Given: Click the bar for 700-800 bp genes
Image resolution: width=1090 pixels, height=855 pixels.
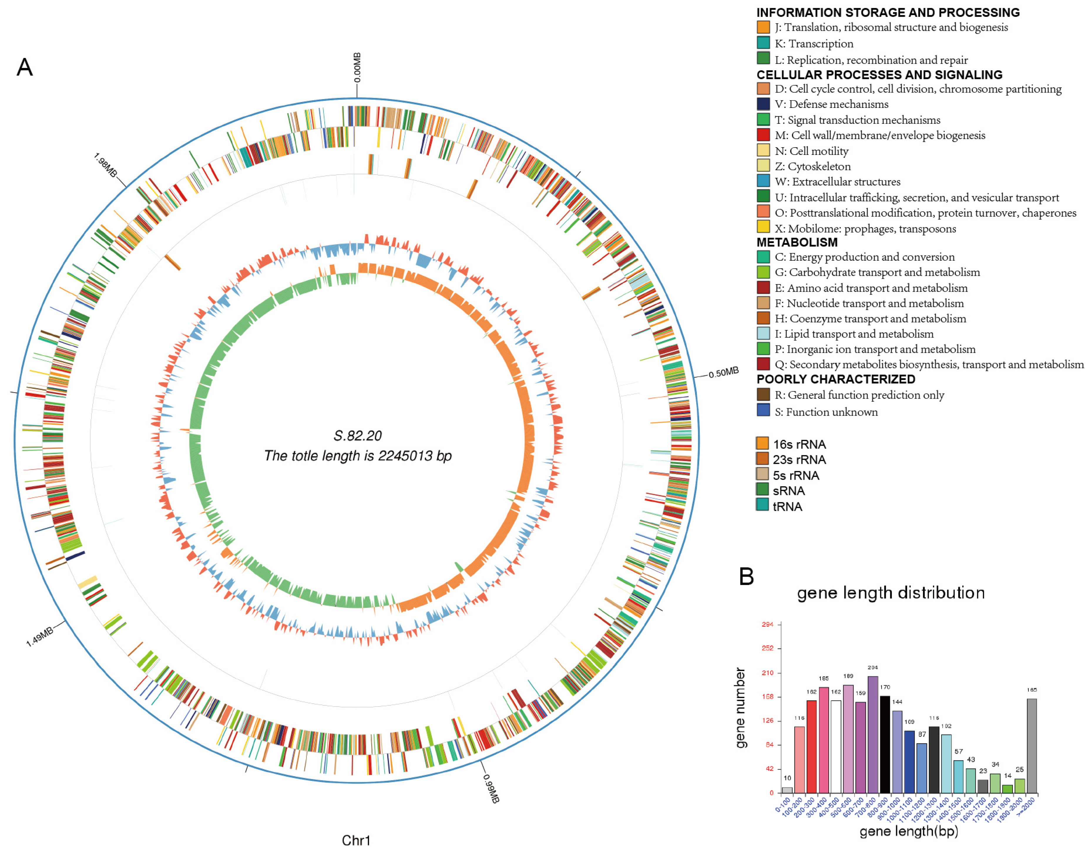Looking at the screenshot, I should pos(872,734).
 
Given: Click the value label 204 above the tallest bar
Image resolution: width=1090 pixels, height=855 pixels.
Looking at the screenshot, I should pos(872,667).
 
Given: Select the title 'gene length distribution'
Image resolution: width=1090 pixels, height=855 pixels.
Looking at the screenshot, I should pos(890,593).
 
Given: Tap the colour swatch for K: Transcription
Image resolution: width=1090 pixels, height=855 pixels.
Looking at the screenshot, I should pos(763,43).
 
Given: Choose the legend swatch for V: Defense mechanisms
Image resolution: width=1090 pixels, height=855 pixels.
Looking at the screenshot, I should pos(763,104).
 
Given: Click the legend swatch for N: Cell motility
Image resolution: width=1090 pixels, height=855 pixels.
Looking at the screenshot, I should pos(763,150).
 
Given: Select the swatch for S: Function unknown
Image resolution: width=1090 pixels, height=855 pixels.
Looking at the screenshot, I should pos(763,411).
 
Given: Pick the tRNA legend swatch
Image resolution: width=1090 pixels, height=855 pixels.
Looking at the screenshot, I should pos(762,506).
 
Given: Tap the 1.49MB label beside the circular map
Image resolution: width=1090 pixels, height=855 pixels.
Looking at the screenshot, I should pos(40,637).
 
